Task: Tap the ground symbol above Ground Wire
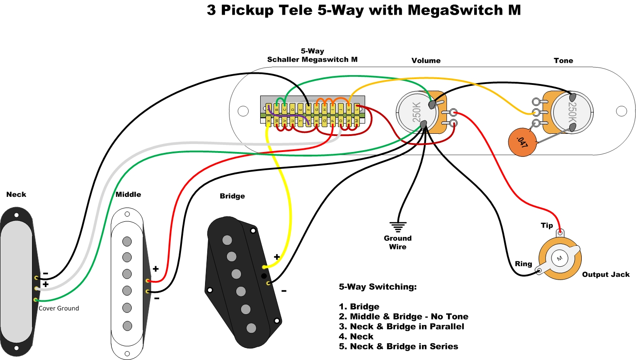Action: (x=398, y=227)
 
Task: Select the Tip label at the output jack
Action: (x=547, y=225)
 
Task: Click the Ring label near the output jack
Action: (x=523, y=264)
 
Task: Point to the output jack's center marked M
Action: (x=560, y=259)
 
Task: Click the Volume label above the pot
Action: (x=426, y=60)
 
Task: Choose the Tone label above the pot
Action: (x=563, y=60)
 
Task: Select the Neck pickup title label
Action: (x=16, y=194)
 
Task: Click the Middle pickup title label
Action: (x=128, y=194)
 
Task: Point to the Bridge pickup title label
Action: (x=232, y=196)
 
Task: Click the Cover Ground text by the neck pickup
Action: (x=59, y=308)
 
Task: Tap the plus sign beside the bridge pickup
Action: (x=277, y=256)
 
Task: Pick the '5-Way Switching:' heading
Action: (x=378, y=287)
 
